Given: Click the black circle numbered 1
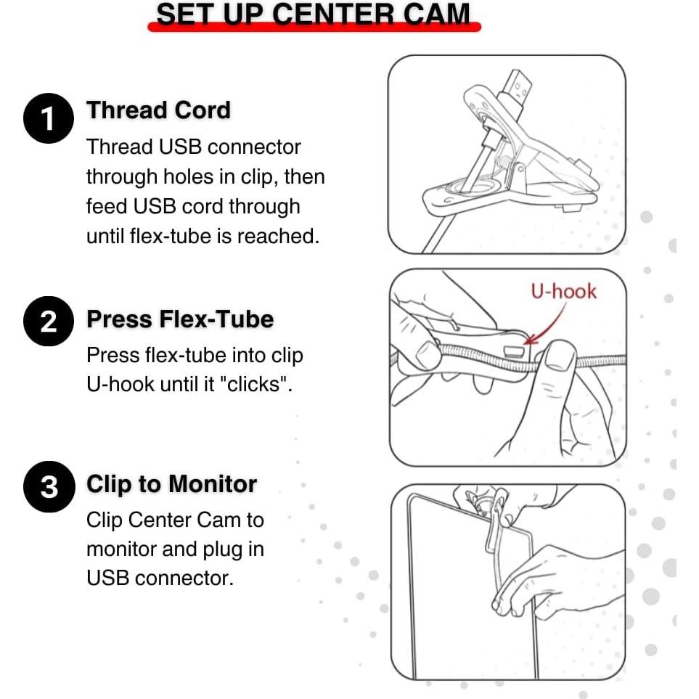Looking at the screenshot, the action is coord(49,118).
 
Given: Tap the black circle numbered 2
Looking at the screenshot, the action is coord(49,321).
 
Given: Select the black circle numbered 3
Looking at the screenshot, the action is coord(49,486).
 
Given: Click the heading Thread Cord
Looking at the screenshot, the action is coord(159,110).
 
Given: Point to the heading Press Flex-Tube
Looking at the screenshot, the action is coord(180,319).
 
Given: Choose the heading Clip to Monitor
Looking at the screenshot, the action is coord(171,484).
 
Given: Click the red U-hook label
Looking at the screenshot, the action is coord(563,292).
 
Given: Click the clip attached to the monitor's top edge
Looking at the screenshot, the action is coord(489,517).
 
